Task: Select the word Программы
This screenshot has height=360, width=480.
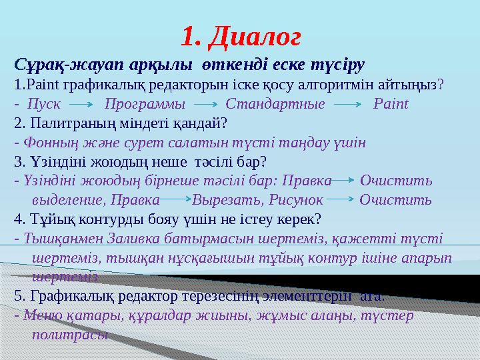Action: click(x=145, y=104)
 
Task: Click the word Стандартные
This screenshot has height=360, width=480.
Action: click(x=275, y=104)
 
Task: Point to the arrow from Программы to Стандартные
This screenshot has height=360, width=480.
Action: click(x=205, y=105)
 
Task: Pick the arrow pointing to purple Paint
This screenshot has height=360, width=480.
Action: click(x=347, y=105)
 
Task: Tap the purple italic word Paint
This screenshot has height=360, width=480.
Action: click(x=391, y=104)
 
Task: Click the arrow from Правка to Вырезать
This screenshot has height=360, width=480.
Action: click(x=175, y=200)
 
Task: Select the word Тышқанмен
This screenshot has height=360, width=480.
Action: click(x=52, y=238)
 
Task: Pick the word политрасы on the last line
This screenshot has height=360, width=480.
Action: click(x=69, y=334)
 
